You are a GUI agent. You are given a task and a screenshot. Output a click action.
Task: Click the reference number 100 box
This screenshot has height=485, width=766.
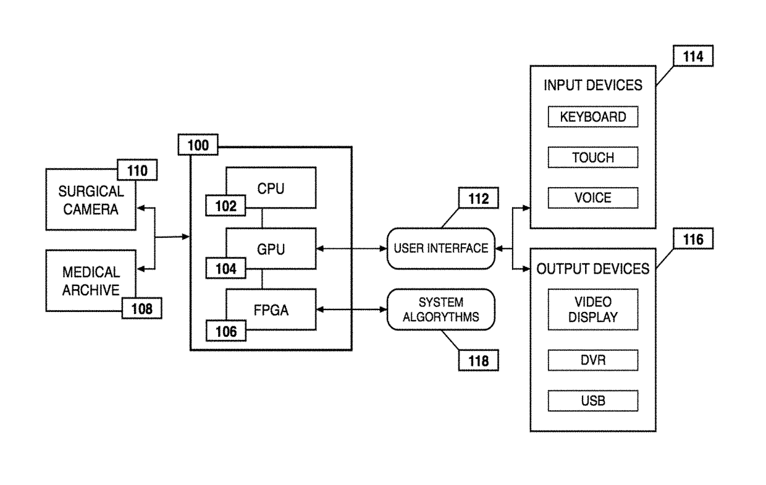coord(198,145)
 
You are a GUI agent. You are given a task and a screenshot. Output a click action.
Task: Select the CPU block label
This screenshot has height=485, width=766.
coord(271,189)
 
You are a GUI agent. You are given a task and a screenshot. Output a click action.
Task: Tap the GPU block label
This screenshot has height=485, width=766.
coord(271,250)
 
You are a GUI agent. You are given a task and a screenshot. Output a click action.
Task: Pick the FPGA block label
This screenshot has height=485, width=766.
coord(271,310)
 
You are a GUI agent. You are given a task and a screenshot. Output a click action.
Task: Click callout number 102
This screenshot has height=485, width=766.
coord(225,206)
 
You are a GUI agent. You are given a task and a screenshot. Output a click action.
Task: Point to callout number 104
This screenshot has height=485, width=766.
coord(225,269)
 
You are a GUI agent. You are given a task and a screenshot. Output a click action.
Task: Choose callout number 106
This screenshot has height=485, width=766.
coord(225,331)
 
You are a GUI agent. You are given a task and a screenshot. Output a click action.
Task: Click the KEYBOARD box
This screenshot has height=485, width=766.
coord(593,117)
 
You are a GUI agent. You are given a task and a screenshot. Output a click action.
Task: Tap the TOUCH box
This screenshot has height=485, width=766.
coord(593,158)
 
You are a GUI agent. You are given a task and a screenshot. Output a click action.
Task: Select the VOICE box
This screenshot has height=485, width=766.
coord(593,198)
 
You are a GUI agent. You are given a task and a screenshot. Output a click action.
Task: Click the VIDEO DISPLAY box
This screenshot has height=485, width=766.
coord(593,310)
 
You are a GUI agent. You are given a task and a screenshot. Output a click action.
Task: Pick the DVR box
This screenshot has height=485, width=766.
coord(593,360)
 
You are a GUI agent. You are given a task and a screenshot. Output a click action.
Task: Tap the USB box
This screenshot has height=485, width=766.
coord(593,400)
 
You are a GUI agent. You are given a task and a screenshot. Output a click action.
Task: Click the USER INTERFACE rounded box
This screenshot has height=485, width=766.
coord(441,248)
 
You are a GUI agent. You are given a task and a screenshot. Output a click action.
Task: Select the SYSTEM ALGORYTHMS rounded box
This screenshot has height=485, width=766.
coord(441,310)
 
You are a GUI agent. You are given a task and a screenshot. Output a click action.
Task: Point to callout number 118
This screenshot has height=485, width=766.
coord(478,360)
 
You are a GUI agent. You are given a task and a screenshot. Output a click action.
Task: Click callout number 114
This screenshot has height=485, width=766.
coord(693,56)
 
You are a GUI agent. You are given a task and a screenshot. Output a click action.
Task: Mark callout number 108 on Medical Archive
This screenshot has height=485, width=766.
coord(142,308)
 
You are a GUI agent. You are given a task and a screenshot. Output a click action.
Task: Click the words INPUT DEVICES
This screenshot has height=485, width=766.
coord(593,85)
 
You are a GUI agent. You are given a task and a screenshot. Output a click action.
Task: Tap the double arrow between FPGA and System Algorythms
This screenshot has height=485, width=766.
coord(351,310)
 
